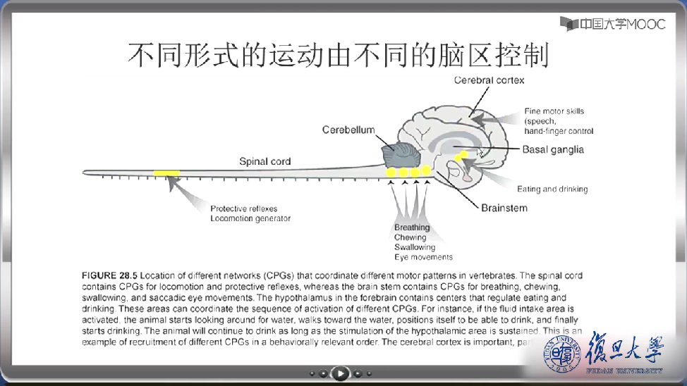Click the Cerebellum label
[348, 130]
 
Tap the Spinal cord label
[265, 161]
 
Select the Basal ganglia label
[553, 149]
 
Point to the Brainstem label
[504, 208]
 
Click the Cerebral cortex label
[489, 80]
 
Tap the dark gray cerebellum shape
[399, 155]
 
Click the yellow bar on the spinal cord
[166, 173]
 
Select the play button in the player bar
[340, 373]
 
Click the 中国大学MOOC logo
[613, 23]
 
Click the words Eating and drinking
[552, 189]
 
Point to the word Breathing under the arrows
[412, 228]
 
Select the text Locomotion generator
[250, 218]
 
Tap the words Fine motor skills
[554, 111]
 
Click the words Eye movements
[423, 257]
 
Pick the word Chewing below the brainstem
[410, 237]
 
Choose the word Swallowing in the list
[415, 247]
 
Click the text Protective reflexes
[243, 208]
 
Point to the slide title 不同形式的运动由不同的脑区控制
[338, 54]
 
